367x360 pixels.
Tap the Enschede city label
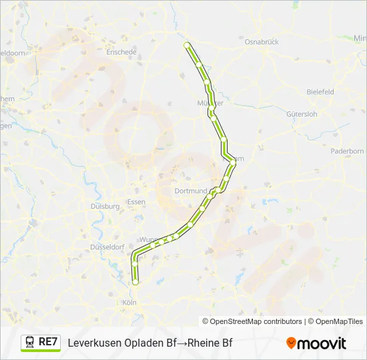point(121,52)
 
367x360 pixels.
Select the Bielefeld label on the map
point(320,92)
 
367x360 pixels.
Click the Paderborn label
point(347,151)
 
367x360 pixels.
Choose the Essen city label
point(136,202)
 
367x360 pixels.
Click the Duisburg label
point(105,207)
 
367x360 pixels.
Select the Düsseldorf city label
point(107,247)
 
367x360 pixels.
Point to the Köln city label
point(129,303)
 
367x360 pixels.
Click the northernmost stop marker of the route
point(187,45)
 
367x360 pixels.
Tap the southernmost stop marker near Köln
point(135,282)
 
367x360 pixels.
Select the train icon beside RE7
point(30,342)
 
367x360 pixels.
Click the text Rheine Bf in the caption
point(210,343)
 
